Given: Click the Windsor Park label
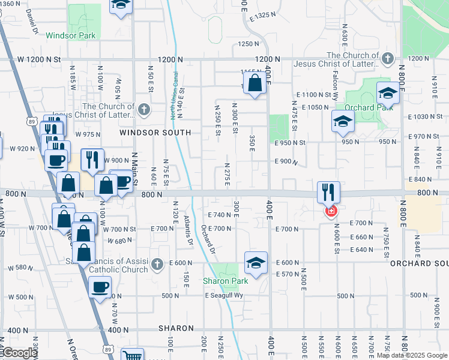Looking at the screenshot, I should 70,36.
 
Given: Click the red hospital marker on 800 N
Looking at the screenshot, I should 330,211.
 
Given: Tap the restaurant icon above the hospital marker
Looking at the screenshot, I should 328,192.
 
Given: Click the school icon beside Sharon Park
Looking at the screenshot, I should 256,263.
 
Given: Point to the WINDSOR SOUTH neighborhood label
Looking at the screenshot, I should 155,132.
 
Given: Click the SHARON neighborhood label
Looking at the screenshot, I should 176,328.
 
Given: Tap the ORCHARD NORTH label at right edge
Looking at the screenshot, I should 420,263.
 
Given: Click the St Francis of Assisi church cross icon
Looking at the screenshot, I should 157,264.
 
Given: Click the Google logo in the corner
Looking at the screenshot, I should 19,353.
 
